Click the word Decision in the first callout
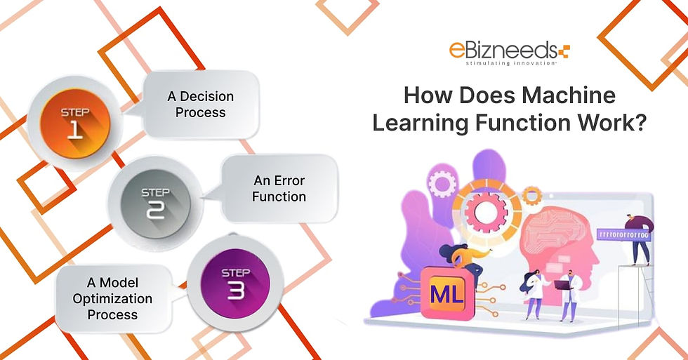200,97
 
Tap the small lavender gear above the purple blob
443,185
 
